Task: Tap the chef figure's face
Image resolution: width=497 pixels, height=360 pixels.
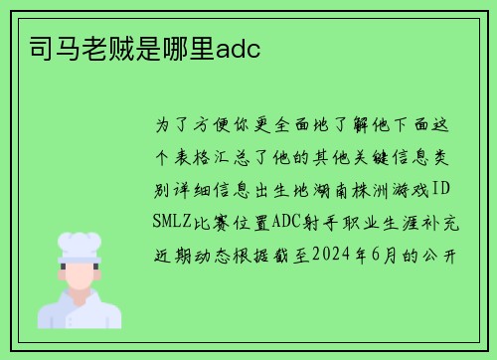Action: [x=80, y=275]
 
